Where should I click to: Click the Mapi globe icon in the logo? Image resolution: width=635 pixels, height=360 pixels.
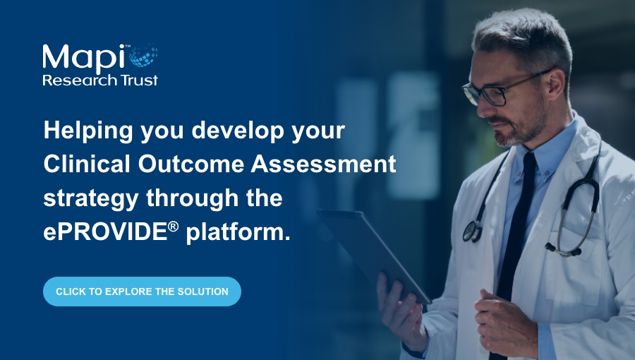[x=143, y=55]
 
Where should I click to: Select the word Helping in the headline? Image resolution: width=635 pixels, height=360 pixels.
[x=88, y=131]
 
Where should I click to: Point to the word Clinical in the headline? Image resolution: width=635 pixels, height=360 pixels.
[x=87, y=164]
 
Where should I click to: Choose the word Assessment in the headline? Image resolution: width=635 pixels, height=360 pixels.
[x=323, y=164]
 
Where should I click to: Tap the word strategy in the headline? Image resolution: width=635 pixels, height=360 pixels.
[x=91, y=199]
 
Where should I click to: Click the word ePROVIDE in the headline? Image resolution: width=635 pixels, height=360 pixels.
[x=106, y=232]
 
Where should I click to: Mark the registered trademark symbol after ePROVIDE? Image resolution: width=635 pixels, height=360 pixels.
[x=173, y=227]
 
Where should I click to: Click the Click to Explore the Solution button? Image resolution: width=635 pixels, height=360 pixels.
[x=142, y=292]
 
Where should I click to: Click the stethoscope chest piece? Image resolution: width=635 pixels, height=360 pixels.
[x=471, y=232]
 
